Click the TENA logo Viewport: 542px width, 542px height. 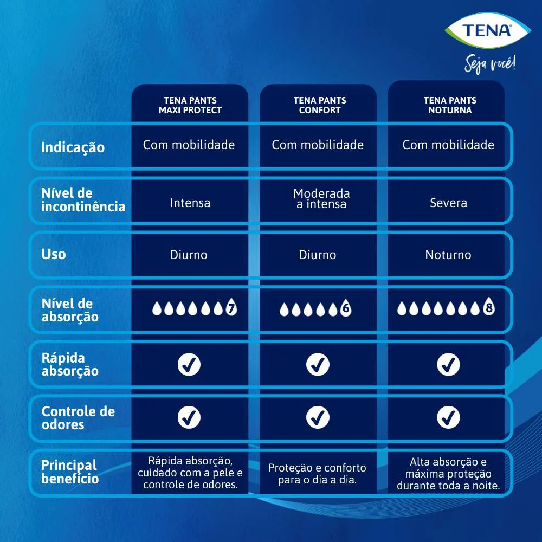click(487, 30)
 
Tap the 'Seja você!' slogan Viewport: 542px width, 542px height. click(490, 63)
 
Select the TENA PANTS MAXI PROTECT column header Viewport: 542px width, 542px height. click(190, 105)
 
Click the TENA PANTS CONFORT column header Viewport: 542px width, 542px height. click(320, 105)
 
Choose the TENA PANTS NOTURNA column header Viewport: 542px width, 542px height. click(450, 105)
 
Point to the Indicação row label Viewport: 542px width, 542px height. click(73, 147)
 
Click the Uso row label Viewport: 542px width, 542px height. click(53, 254)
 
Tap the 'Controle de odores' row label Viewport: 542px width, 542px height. click(78, 417)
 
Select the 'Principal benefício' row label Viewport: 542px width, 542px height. click(70, 472)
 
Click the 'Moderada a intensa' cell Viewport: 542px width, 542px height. click(321, 198)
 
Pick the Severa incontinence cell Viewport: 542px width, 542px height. click(448, 203)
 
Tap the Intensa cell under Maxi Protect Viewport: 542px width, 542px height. click(190, 203)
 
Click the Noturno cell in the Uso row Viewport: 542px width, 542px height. click(448, 255)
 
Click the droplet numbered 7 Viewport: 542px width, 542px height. click(231, 307)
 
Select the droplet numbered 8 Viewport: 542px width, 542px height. click(489, 306)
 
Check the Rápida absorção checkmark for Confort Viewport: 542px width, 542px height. click(318, 364)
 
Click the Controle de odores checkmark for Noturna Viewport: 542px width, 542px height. click(448, 417)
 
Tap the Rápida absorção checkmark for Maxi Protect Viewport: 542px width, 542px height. click(189, 364)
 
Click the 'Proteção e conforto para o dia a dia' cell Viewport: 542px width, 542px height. click(317, 474)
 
